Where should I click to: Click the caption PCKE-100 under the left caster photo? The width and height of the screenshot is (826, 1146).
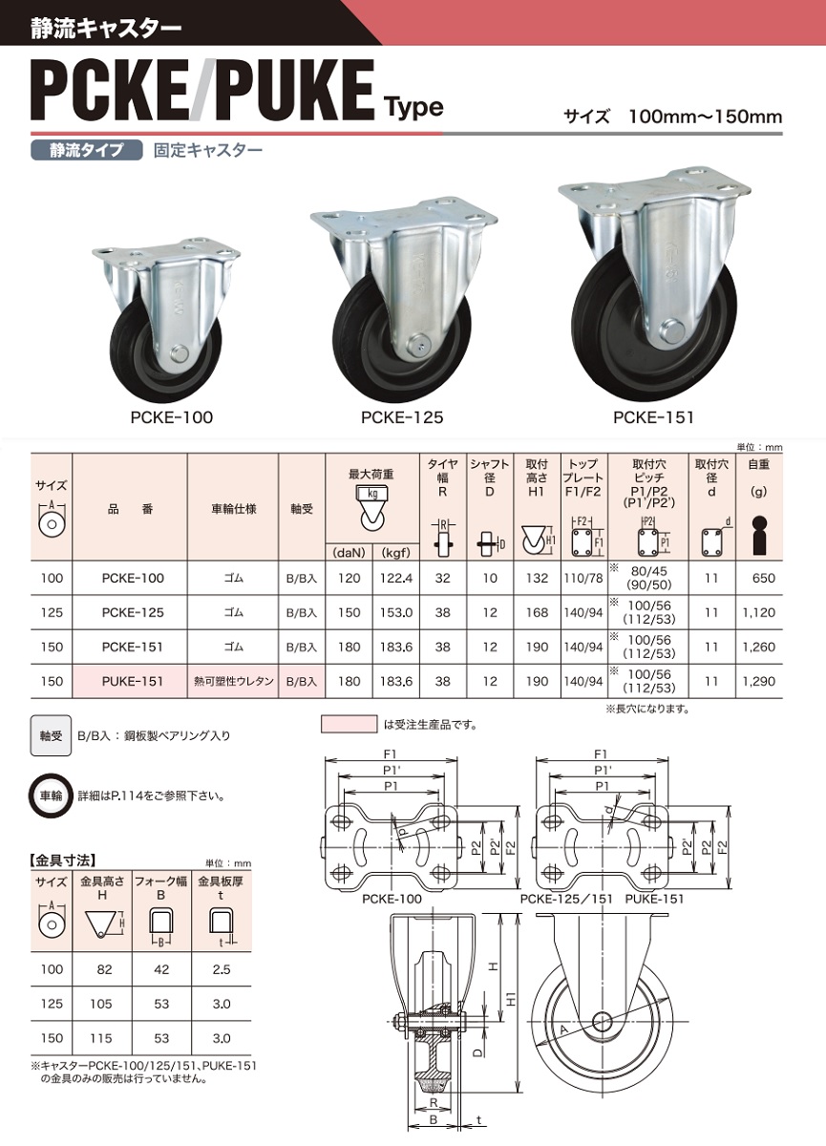click(x=172, y=417)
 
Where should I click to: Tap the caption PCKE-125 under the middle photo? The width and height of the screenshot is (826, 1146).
click(x=402, y=417)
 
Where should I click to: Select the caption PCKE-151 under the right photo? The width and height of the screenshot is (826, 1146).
click(x=653, y=417)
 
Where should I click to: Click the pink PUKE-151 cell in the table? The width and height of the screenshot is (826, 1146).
click(x=133, y=682)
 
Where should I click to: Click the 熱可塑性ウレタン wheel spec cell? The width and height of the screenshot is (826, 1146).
click(x=233, y=682)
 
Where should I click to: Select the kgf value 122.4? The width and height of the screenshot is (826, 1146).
click(x=395, y=578)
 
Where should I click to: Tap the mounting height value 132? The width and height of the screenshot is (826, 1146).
click(x=538, y=578)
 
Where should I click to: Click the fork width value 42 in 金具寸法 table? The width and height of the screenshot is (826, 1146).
click(x=161, y=969)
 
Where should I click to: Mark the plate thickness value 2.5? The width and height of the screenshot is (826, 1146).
click(x=221, y=969)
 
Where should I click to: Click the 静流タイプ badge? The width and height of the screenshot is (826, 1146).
click(x=86, y=150)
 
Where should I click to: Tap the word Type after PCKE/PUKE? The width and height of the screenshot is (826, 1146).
click(x=413, y=106)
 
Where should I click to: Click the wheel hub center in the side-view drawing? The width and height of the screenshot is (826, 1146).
click(x=601, y=1020)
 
